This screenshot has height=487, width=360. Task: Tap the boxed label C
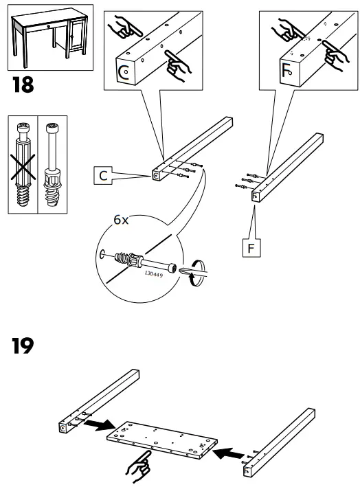pyautogui.click(x=102, y=177)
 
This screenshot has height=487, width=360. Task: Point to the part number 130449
pyautogui.click(x=155, y=273)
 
